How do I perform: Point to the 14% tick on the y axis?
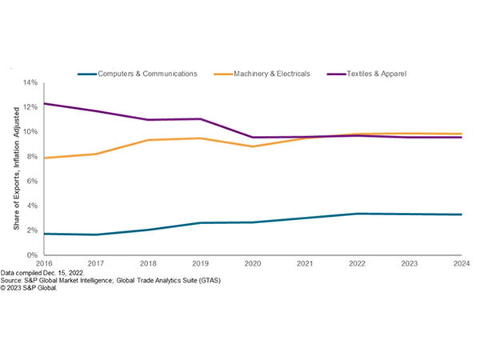coord(30,82)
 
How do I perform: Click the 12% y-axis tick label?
coord(30,107)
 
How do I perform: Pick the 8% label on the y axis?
coord(31,157)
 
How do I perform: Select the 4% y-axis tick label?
coord(31,206)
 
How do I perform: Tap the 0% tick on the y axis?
coord(31,255)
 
